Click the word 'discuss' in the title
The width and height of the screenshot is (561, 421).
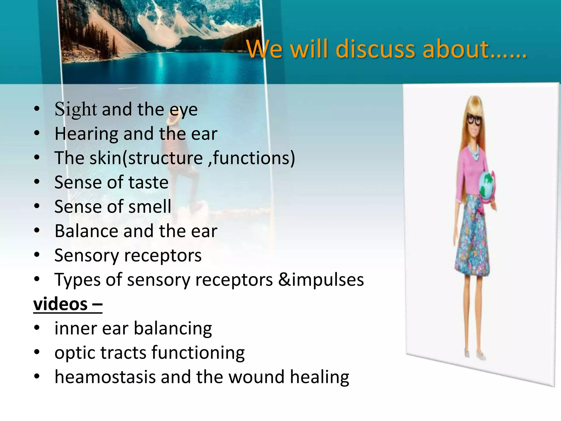tap(375, 49)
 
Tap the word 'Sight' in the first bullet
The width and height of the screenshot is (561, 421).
tap(76, 109)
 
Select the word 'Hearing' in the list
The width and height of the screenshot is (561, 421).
tap(86, 134)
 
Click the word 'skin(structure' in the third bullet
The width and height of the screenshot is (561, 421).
tap(146, 158)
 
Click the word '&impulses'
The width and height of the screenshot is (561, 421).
tap(321, 280)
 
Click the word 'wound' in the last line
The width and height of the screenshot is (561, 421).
tap(256, 377)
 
